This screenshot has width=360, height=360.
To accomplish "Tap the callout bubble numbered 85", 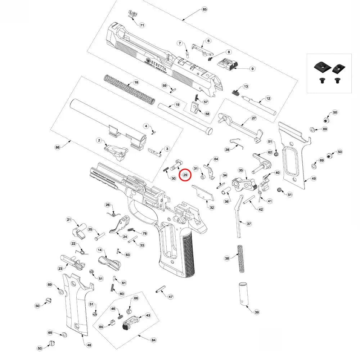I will tap(205, 9).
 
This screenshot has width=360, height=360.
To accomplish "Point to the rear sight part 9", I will tap(228, 65).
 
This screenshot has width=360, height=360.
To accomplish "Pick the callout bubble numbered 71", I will tap(142, 26).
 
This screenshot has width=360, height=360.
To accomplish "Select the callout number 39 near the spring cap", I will tap(256, 312).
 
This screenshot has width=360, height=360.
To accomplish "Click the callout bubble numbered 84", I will tap(154, 340).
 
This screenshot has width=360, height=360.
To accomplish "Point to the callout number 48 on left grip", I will tap(89, 345).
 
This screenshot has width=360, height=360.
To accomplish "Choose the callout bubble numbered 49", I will tap(314, 178).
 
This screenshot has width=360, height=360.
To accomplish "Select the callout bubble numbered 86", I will tap(57, 147).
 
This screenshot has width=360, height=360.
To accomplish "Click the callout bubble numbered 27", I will tap(253, 118).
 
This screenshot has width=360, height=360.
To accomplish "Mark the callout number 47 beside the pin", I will tap(171, 297).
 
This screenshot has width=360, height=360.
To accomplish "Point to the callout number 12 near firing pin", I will tap(268, 98).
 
